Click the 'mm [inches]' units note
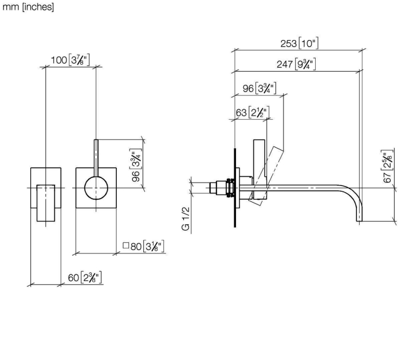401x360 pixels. pos(28,7)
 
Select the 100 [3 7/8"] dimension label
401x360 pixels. pos(70,60)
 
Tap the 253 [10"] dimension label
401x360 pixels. pos(300,43)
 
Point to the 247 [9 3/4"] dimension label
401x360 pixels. pos(296,64)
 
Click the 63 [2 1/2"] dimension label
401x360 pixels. pos(253,112)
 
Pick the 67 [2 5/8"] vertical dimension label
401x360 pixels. pos(388,166)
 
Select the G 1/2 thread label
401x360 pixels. pos(186,219)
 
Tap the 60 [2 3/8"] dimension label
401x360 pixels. pos(85,278)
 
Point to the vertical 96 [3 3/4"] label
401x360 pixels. pos(136,165)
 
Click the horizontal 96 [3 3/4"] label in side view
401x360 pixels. pos(260,88)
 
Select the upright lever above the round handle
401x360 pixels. pos(96,157)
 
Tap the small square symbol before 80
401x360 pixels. pos(125,246)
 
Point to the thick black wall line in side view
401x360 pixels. pos(235,188)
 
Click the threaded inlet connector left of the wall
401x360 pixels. pos(222,188)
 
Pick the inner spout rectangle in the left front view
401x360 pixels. pos(46,203)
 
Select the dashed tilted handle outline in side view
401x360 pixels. pos(266,176)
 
